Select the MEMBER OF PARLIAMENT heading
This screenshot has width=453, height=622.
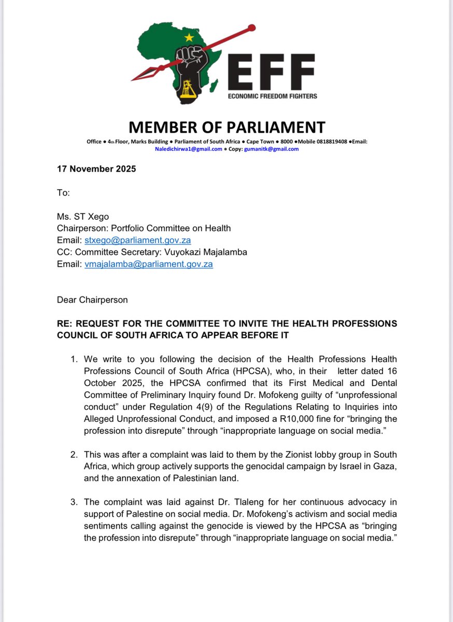click(x=227, y=127)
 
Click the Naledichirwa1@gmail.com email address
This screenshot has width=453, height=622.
click(x=189, y=149)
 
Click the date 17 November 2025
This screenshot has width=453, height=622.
click(x=96, y=169)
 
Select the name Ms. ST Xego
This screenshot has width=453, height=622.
click(x=81, y=217)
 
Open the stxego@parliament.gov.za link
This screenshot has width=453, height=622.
click(x=137, y=241)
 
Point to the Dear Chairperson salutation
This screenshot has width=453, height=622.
click(x=92, y=300)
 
